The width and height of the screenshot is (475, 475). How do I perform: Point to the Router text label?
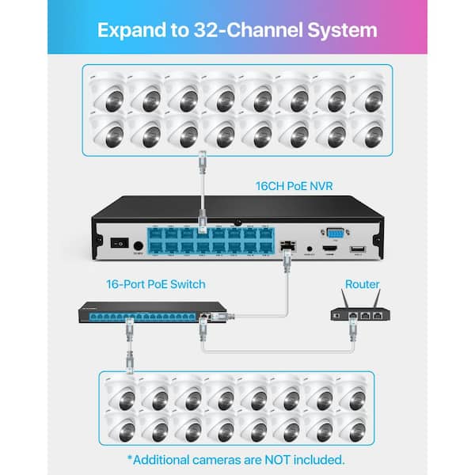362,284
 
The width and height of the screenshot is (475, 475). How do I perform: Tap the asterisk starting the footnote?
131,457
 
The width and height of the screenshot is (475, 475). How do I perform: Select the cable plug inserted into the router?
351,325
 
